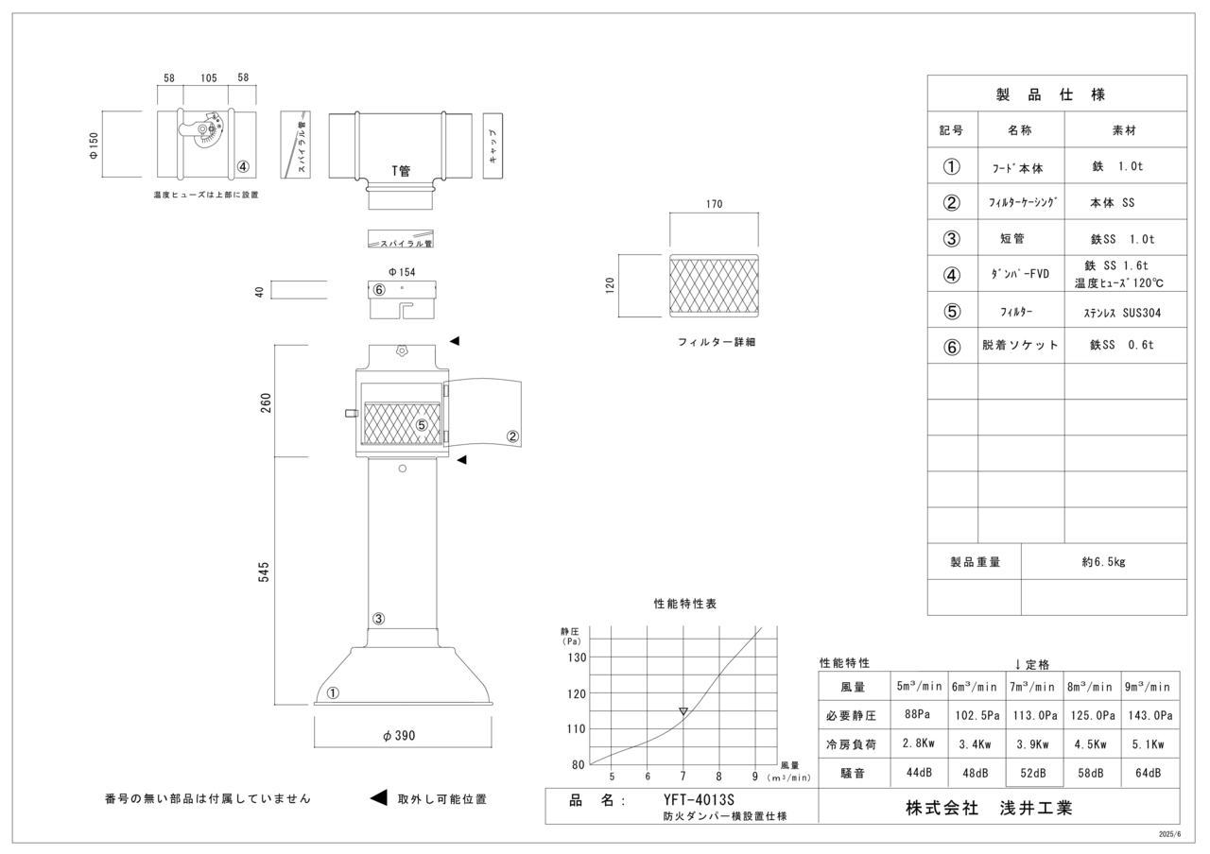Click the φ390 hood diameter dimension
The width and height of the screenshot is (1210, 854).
pyautogui.click(x=400, y=736)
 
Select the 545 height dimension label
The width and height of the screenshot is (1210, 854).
pyautogui.click(x=265, y=572)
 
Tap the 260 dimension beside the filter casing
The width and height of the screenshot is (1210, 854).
pyautogui.click(x=265, y=401)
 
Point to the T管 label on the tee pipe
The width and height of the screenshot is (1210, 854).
pyautogui.click(x=402, y=171)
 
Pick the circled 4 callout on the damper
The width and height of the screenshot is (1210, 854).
pyautogui.click(x=243, y=167)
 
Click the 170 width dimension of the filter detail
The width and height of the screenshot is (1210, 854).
pyautogui.click(x=714, y=204)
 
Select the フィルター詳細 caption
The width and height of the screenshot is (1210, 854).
pyautogui.click(x=716, y=342)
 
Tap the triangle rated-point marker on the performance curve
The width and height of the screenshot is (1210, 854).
pyautogui.click(x=683, y=711)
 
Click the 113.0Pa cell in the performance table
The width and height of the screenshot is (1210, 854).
pyautogui.click(x=1033, y=715)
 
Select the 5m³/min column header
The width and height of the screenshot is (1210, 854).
pyautogui.click(x=919, y=687)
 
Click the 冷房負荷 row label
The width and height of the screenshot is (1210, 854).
pyautogui.click(x=854, y=744)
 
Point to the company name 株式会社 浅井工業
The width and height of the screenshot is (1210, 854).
pyautogui.click(x=989, y=808)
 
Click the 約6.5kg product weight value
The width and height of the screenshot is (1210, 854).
pyautogui.click(x=1103, y=561)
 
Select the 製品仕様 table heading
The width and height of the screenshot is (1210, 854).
pyautogui.click(x=1056, y=94)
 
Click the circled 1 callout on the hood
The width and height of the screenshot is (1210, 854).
pyautogui.click(x=333, y=692)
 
